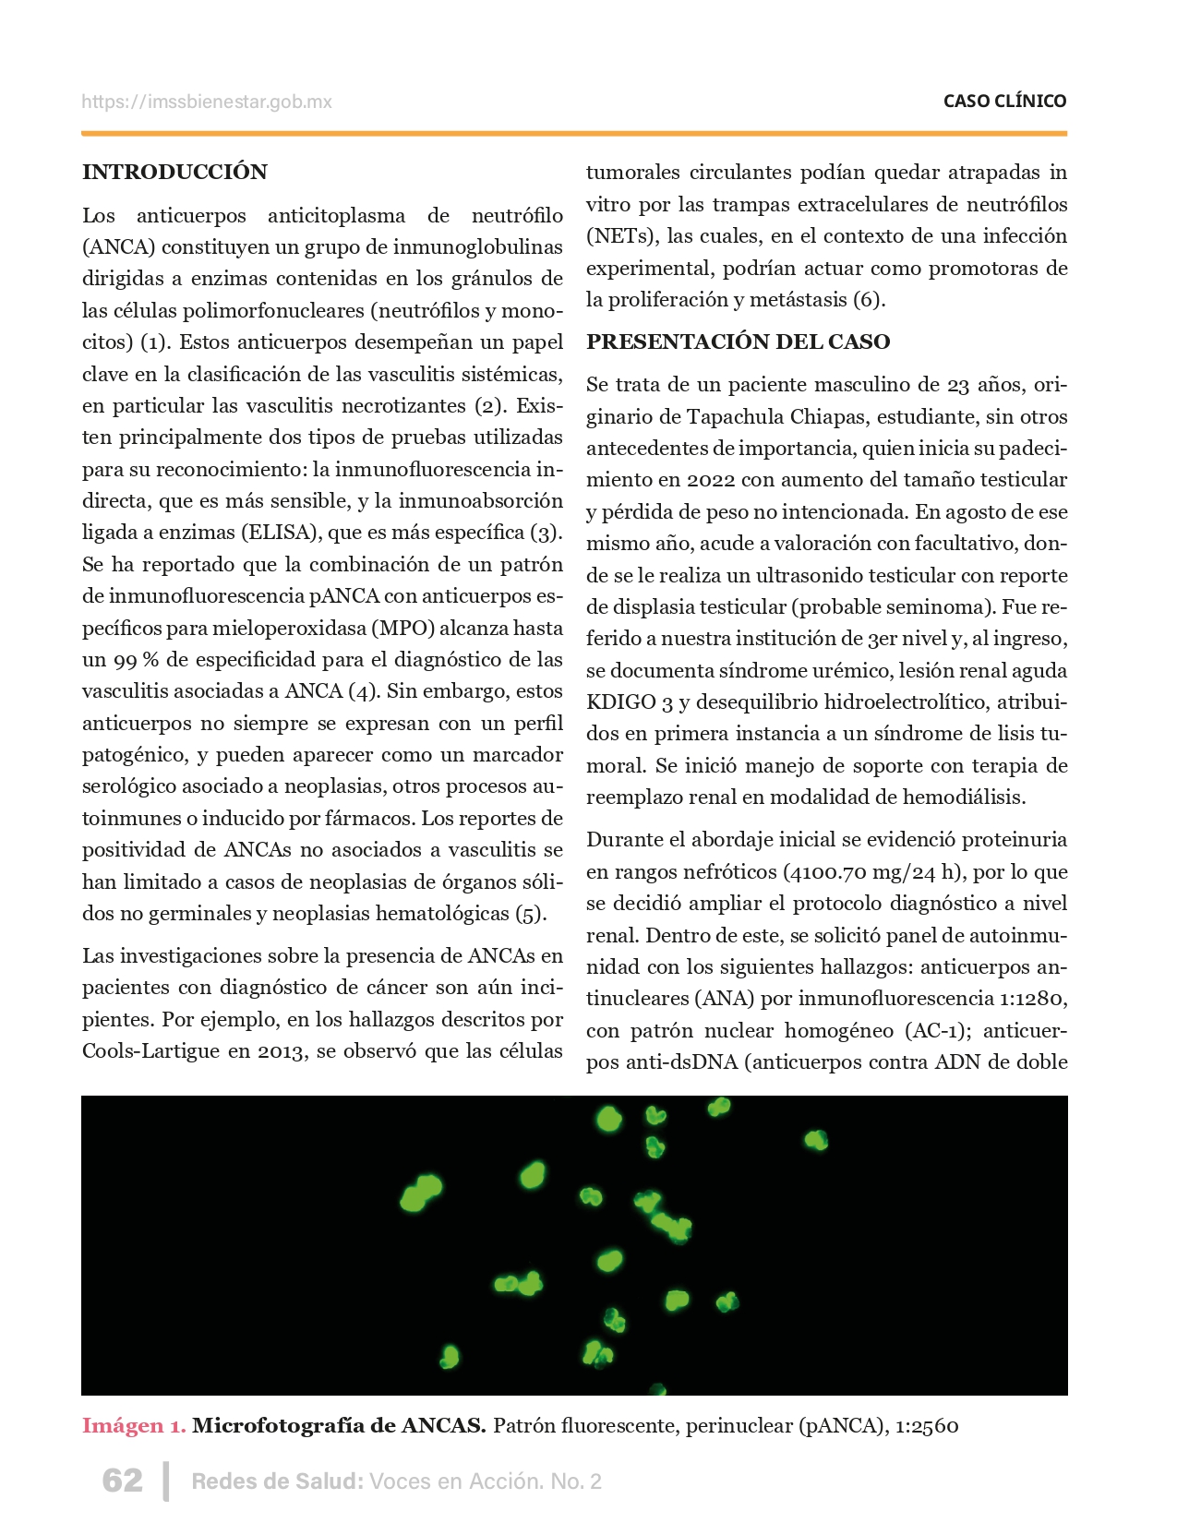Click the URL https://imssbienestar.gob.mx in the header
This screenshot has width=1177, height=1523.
tap(206, 102)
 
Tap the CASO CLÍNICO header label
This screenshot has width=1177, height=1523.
tap(1004, 102)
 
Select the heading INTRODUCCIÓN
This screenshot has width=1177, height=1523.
tap(174, 172)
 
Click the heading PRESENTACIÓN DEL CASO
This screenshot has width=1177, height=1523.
tap(738, 342)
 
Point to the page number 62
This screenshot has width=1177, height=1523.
tap(123, 1481)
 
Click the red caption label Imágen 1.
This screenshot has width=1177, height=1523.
tap(134, 1425)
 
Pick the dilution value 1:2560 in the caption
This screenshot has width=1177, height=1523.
tap(927, 1425)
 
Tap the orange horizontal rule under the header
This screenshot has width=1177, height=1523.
tap(574, 134)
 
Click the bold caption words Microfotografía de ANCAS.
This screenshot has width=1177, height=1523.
tap(339, 1425)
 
